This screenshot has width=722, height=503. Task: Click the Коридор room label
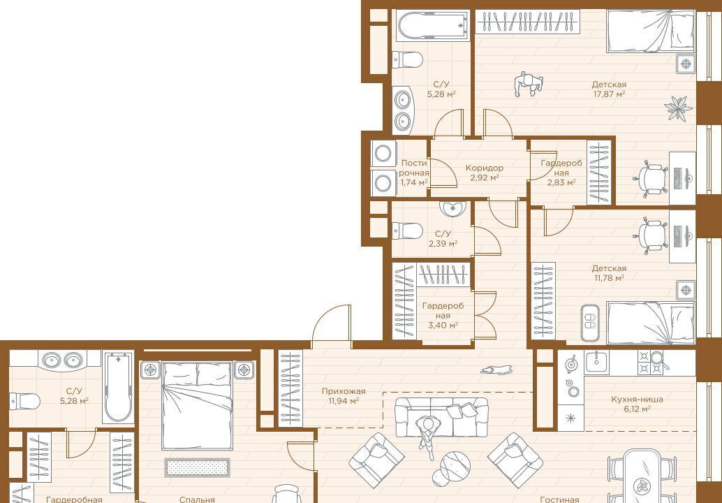tap(484, 168)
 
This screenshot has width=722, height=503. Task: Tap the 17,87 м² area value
tap(609, 94)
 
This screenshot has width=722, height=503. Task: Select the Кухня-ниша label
tap(631, 400)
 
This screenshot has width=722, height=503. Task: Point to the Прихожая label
tap(344, 391)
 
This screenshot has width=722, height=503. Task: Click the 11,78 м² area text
tap(609, 278)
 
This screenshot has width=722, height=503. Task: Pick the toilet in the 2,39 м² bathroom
tap(407, 231)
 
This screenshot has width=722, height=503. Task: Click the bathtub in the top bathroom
tap(434, 26)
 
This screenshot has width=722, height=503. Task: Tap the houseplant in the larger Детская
tap(678, 109)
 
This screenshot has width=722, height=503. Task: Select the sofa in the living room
tap(441, 417)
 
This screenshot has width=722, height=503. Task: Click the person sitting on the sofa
tap(428, 435)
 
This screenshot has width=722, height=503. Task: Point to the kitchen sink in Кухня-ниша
tap(597, 362)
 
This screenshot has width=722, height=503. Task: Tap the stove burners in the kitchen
tap(650, 362)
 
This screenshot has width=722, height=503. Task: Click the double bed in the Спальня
tap(197, 405)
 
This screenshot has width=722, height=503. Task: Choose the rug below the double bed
tap(197, 467)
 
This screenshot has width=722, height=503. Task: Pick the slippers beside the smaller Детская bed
tap(590, 323)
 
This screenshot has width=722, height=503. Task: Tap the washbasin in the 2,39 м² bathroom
tap(452, 209)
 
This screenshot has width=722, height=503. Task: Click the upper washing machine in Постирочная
tap(383, 154)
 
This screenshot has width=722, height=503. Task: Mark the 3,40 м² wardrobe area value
tap(442, 326)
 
